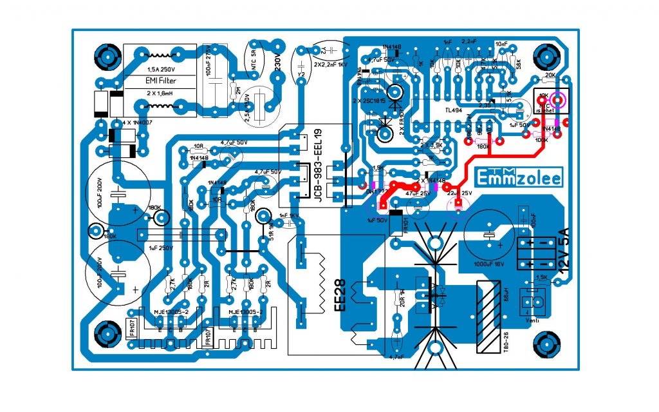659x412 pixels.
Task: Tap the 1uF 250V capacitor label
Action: [162, 248]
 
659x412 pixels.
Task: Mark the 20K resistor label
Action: [549, 75]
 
